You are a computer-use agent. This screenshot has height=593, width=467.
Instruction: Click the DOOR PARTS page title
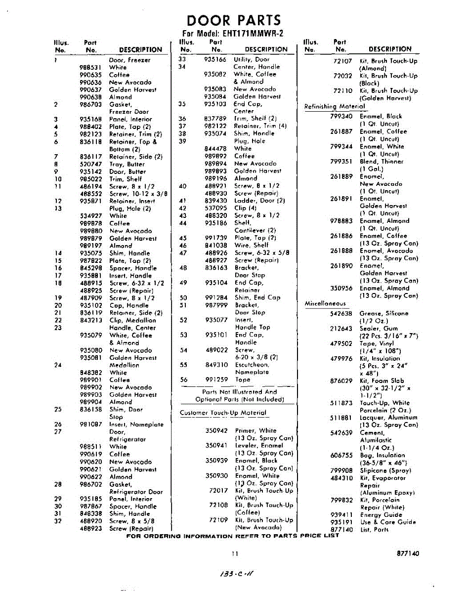[234, 21]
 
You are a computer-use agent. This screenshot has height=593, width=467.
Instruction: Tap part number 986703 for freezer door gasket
[90, 105]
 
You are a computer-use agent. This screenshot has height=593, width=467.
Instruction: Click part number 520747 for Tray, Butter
[90, 164]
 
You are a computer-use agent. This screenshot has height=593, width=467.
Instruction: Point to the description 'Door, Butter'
[127, 171]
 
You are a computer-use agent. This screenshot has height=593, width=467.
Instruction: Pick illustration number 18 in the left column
[58, 283]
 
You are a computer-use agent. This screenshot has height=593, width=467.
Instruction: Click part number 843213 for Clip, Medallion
[90, 320]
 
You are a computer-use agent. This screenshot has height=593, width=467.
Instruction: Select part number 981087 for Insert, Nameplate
[90, 424]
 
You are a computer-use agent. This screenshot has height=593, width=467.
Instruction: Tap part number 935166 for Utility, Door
[215, 59]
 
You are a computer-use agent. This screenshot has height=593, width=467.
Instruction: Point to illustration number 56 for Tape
[184, 380]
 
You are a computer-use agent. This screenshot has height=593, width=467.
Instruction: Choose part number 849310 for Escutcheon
[216, 365]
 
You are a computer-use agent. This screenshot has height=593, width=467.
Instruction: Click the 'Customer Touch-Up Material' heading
[223, 413]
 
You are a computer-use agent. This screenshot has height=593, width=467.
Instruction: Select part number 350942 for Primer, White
[216, 430]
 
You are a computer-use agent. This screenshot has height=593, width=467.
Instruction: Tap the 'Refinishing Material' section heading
[335, 106]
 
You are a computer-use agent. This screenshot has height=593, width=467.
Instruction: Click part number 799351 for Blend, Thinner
[341, 161]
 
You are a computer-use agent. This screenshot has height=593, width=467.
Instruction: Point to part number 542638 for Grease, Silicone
[341, 313]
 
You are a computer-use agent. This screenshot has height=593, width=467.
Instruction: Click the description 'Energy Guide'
[381, 514]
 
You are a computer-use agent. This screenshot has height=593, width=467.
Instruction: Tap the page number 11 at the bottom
[235, 553]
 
